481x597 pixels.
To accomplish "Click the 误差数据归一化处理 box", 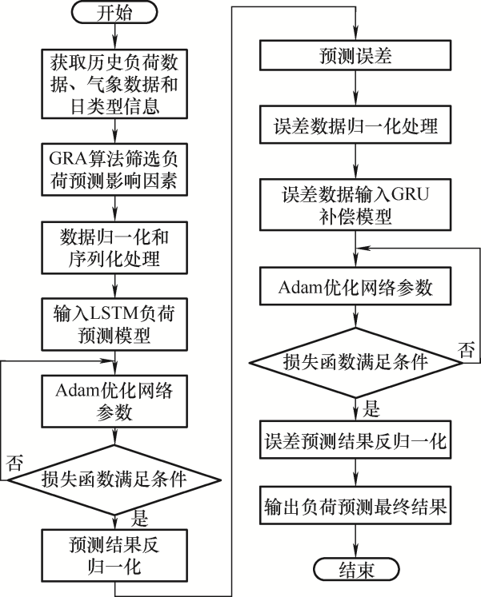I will pos(355,126).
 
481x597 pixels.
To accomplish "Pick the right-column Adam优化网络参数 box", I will pos(355,287).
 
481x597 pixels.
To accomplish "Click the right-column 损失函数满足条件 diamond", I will pos(355,360).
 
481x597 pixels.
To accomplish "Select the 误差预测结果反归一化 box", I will pos(355,440).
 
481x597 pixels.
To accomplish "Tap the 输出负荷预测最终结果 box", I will pos(355,506).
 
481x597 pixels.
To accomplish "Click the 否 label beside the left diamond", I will pos(14,461).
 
